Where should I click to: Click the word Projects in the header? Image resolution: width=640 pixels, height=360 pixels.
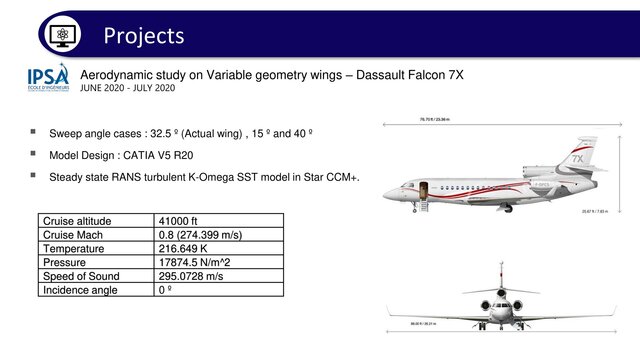144,35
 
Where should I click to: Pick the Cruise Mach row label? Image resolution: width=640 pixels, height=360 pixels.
76,235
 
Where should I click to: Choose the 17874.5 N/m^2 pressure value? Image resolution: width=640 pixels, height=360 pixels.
200,263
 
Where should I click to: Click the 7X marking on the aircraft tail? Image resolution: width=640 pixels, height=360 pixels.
577,158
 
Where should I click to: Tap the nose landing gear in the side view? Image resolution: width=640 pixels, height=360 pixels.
420,209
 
